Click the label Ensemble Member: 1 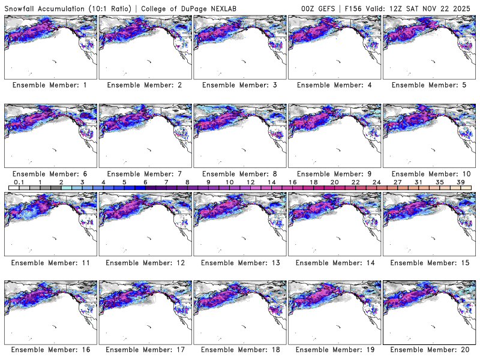coord(50,85)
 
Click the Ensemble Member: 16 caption coord(50,350)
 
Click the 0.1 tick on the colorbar coord(19,182)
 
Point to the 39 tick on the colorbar coord(461,182)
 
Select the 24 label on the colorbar coord(376,182)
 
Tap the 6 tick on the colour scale coord(145,182)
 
